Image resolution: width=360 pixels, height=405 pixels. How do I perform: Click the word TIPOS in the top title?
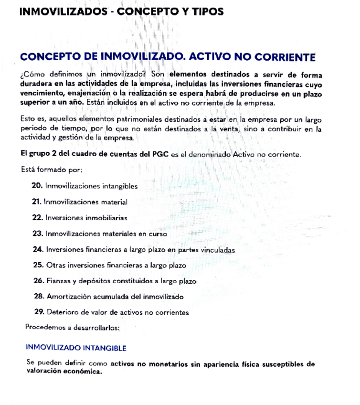pyautogui.click(x=205, y=11)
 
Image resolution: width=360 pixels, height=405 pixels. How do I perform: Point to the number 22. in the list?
pyautogui.click(x=38, y=217)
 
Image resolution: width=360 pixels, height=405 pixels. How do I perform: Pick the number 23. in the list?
pyautogui.click(x=38, y=234)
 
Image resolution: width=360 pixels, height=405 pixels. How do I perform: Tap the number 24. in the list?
pyautogui.click(x=39, y=249)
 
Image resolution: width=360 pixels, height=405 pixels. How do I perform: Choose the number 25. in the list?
pyautogui.click(x=39, y=265)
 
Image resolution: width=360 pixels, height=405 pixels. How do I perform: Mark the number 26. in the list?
pyautogui.click(x=40, y=281)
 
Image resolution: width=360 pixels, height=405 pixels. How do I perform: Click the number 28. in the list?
pyautogui.click(x=40, y=297)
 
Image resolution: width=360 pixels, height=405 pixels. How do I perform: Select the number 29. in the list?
pyautogui.click(x=40, y=312)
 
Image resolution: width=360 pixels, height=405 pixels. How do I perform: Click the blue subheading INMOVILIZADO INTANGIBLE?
pyautogui.click(x=76, y=348)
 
